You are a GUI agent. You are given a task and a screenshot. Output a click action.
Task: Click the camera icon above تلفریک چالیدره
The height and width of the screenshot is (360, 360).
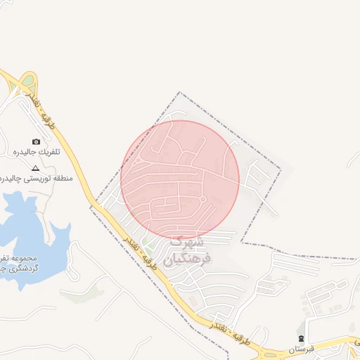[37, 141]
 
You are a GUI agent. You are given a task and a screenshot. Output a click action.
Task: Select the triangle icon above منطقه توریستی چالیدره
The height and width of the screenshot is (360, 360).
[36, 168]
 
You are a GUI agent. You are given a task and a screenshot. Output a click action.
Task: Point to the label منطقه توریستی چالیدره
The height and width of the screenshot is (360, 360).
[31, 179]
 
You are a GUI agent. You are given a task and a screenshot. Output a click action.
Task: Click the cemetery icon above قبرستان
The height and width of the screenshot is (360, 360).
[302, 339]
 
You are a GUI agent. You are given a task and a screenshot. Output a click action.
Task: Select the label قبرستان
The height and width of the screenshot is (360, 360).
[302, 349]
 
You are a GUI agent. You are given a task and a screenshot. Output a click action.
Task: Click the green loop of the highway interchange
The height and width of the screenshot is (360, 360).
[27, 81]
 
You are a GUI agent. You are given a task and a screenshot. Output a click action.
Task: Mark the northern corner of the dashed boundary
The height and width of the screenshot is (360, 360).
[180, 92]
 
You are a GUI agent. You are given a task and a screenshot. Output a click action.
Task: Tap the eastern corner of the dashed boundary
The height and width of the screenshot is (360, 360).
[281, 169]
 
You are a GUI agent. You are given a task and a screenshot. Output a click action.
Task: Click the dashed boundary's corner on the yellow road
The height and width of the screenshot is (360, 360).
[90, 207]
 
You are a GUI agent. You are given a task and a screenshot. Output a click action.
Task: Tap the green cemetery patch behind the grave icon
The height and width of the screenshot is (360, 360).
[300, 330]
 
